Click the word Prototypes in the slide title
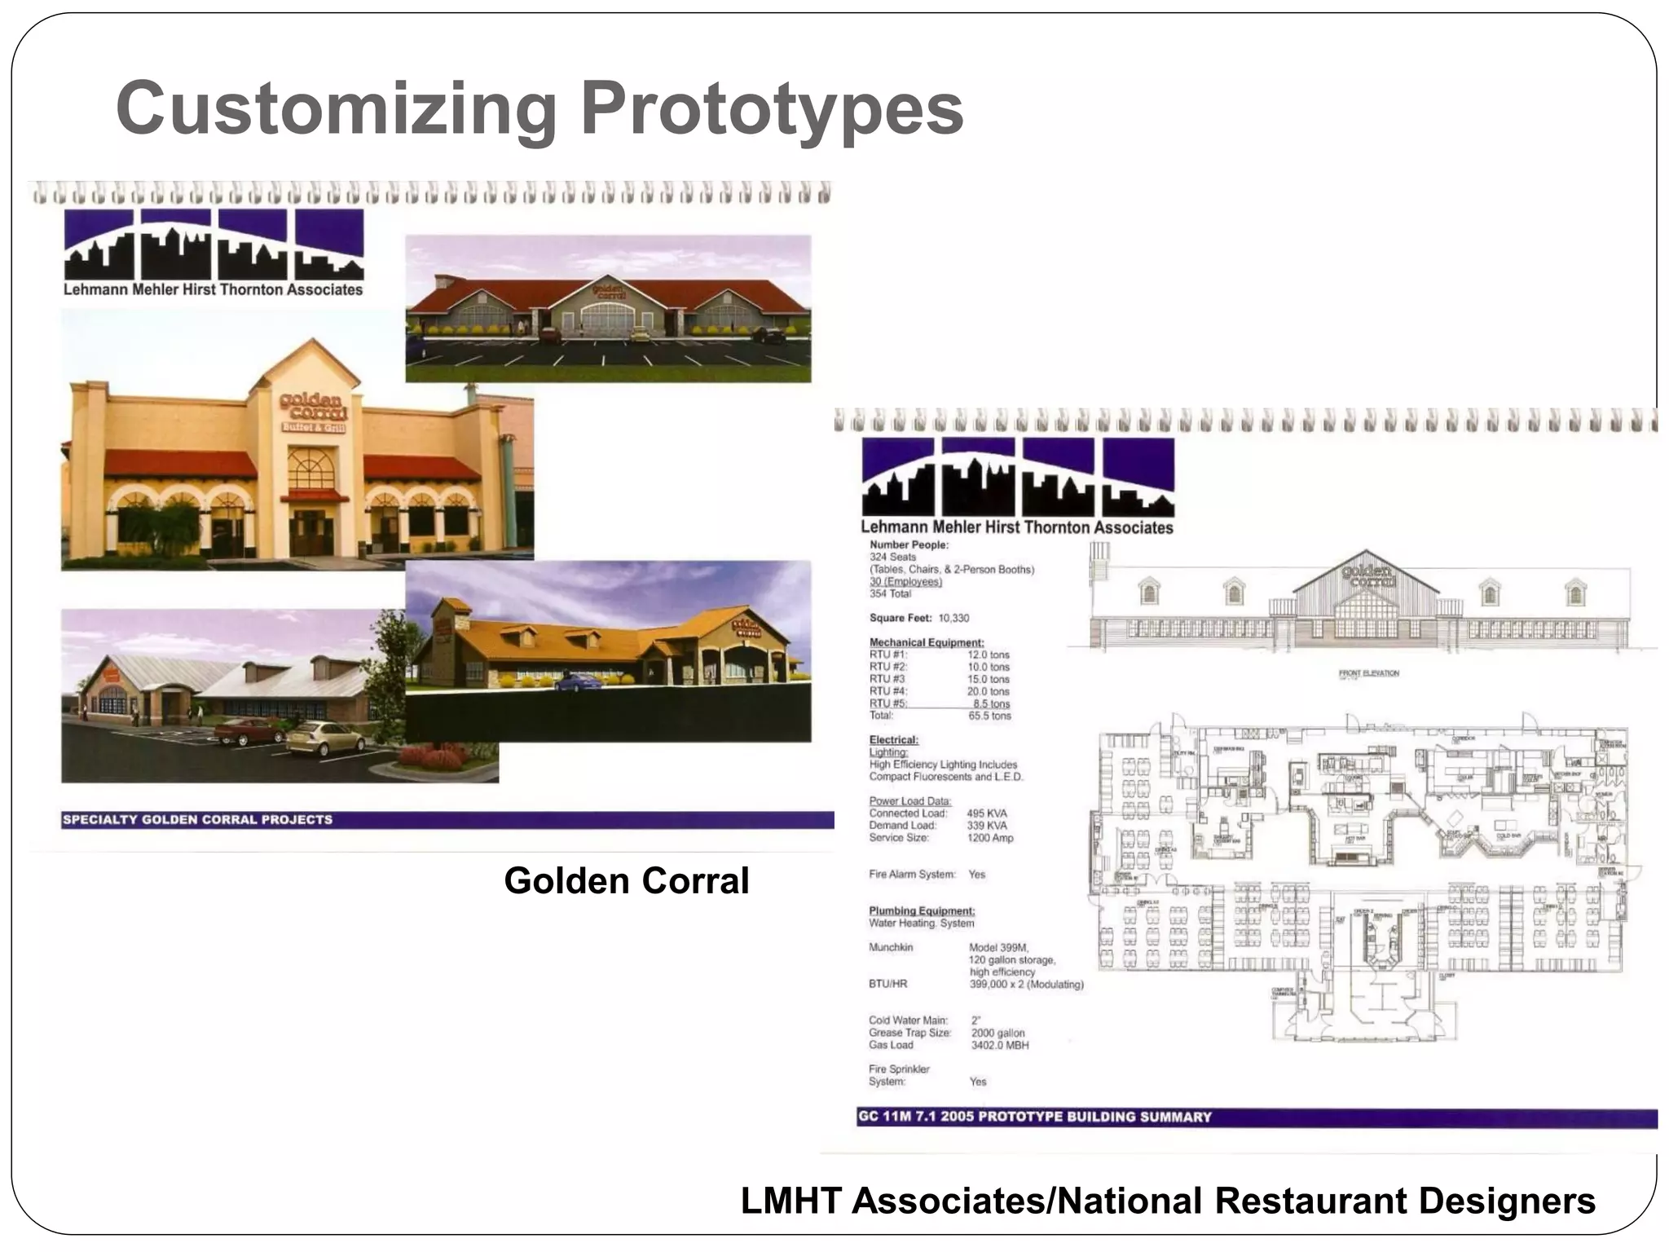coord(771,108)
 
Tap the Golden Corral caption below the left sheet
coord(626,881)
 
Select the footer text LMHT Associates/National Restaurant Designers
coord(1167,1201)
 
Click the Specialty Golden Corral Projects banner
coord(197,819)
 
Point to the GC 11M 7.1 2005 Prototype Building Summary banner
coord(1034,1117)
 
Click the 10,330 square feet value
coord(953,618)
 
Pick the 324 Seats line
coord(892,557)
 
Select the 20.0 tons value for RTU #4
coord(988,691)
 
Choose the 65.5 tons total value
coord(989,716)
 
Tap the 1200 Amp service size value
coord(989,838)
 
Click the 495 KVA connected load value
coord(986,813)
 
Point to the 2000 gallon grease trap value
coord(997,1033)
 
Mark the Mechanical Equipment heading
coord(926,642)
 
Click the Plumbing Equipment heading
coord(921,910)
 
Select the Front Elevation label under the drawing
coord(1368,673)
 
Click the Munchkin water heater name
coord(891,947)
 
